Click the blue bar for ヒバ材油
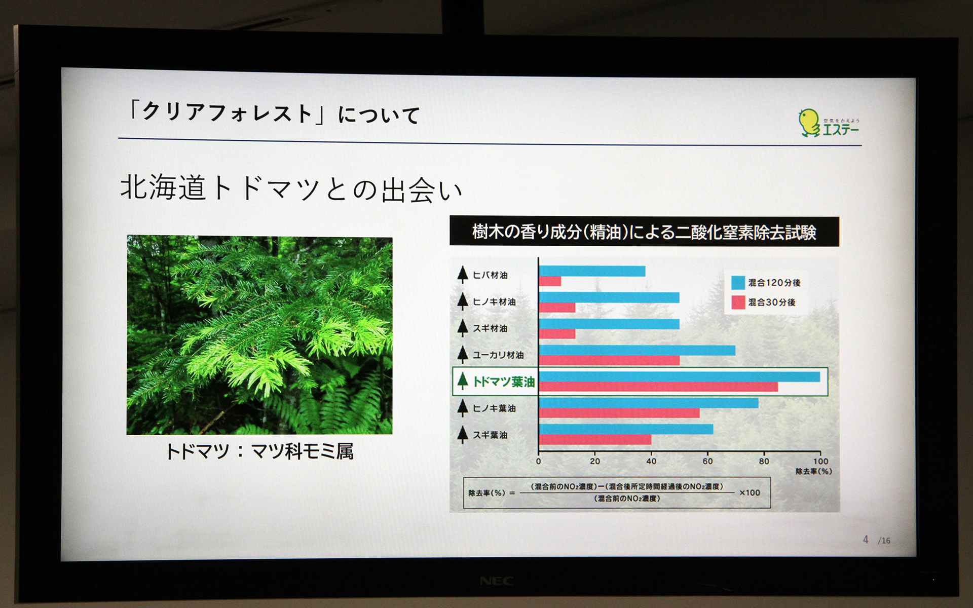coord(592,271)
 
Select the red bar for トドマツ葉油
coord(658,387)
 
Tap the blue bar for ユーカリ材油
coord(637,350)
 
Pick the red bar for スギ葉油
coord(595,440)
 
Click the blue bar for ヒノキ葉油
coord(649,403)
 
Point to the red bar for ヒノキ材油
coord(557,308)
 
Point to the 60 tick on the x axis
coord(707,461)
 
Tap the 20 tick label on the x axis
coord(595,461)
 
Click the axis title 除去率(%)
coord(813,472)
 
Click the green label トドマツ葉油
coord(504,382)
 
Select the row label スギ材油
coord(490,328)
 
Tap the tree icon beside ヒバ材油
coord(462,274)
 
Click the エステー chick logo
coord(809,122)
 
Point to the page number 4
coord(866,540)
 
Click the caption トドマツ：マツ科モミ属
coord(259,451)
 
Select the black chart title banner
coord(644,232)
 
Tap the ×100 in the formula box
coord(750,492)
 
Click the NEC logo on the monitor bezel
coord(496,581)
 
